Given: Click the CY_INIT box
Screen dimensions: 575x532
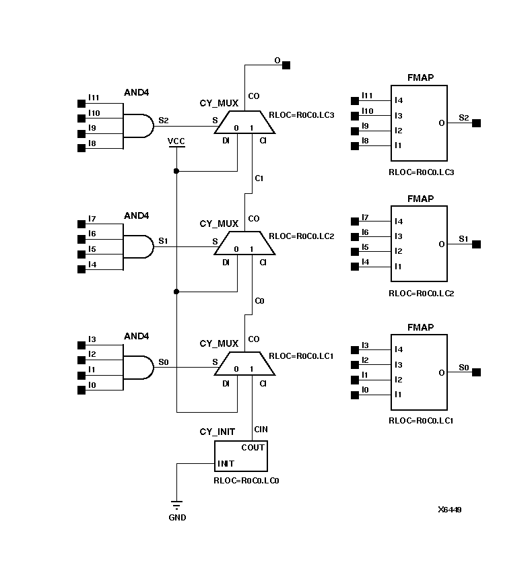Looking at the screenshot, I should [240, 456].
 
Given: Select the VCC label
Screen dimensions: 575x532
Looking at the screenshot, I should [176, 141].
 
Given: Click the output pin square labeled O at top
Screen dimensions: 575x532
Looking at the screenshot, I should [286, 65].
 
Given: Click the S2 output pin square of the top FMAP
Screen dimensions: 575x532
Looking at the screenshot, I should [476, 123].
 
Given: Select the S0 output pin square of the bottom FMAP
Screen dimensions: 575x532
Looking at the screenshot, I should [476, 372].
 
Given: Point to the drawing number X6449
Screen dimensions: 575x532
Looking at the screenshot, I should [449, 510].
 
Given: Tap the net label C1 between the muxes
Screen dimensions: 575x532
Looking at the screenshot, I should [259, 178].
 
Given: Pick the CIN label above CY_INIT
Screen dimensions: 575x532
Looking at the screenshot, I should [261, 430].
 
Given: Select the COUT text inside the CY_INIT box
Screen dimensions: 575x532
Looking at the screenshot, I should [253, 447].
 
